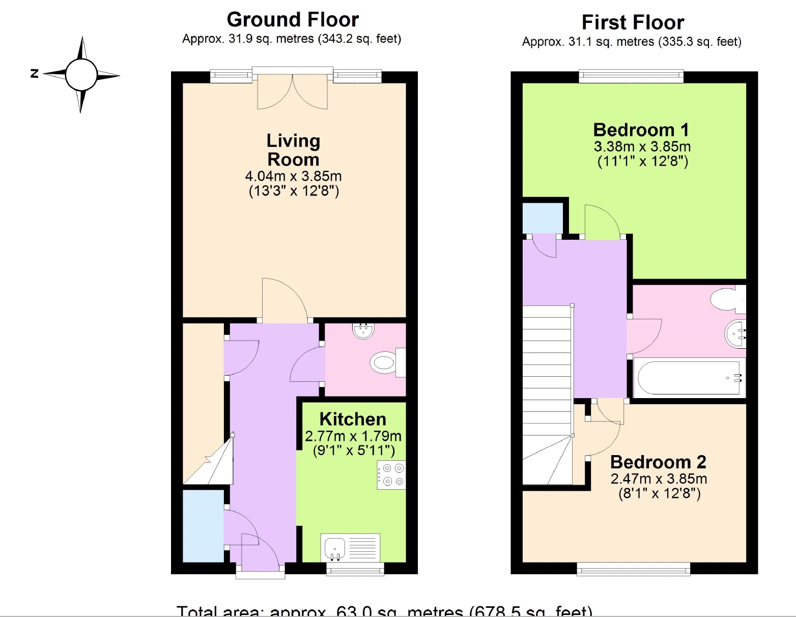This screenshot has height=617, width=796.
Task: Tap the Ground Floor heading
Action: (x=293, y=20)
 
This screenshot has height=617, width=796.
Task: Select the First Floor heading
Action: (x=633, y=23)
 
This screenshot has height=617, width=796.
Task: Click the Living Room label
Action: (x=293, y=150)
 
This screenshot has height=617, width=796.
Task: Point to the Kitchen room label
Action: (x=353, y=419)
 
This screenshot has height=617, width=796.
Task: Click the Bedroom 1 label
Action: (x=641, y=130)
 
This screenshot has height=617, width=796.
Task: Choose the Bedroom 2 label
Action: (x=658, y=462)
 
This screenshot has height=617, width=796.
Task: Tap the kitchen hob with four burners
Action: (x=391, y=475)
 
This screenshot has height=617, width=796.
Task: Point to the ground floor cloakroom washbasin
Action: (x=363, y=331)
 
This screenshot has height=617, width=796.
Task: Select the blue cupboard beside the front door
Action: (x=203, y=526)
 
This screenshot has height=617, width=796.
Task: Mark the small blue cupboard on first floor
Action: (x=543, y=218)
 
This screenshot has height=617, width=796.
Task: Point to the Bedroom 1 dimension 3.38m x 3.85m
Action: (x=642, y=147)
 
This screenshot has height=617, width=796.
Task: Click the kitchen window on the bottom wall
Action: (x=355, y=569)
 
